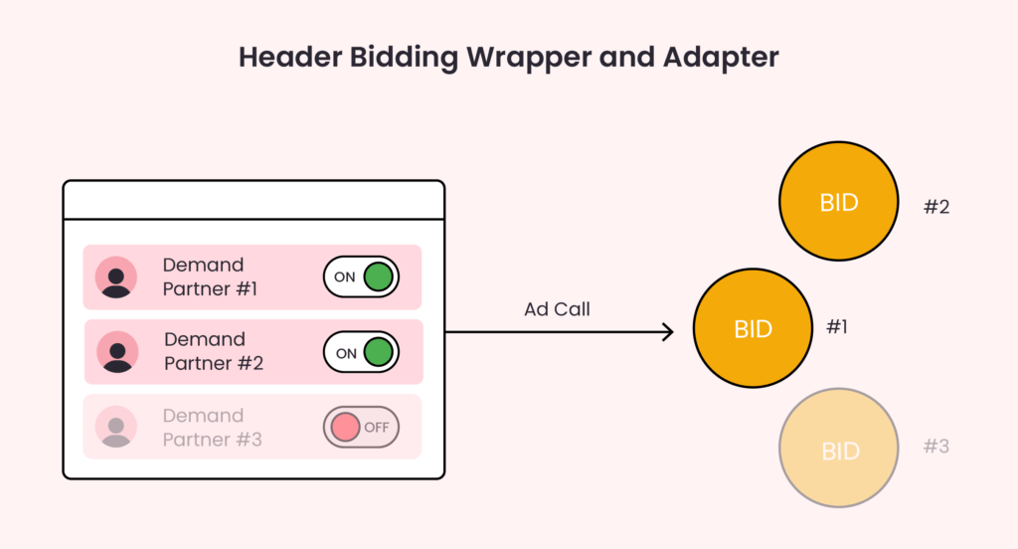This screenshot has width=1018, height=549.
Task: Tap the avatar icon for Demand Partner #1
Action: [x=116, y=276]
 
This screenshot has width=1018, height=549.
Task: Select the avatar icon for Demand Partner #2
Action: [x=117, y=351]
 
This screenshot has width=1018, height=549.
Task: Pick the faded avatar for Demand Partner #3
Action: [x=116, y=427]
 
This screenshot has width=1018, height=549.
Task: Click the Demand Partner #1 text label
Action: [x=210, y=276]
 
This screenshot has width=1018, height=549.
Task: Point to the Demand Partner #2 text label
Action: [x=214, y=351]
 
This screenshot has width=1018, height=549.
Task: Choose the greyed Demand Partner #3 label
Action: [x=212, y=427]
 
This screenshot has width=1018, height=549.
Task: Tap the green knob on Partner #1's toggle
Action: [x=378, y=276]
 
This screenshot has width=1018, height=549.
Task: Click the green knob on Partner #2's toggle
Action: [x=378, y=352]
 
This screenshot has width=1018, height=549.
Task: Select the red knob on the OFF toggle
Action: [x=344, y=428]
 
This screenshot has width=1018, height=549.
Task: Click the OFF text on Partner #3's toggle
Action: [x=377, y=428]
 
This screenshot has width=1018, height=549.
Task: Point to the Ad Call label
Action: [x=557, y=309]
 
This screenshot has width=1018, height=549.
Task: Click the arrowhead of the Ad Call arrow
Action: [x=669, y=332]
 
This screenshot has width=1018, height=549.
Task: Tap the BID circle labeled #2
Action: [x=839, y=202]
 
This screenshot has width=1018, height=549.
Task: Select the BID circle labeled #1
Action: [x=753, y=329]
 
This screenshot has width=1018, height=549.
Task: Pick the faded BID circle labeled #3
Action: [x=840, y=451]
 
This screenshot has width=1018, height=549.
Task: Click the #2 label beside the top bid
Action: [x=936, y=207]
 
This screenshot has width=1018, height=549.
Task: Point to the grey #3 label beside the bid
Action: [x=935, y=447]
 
